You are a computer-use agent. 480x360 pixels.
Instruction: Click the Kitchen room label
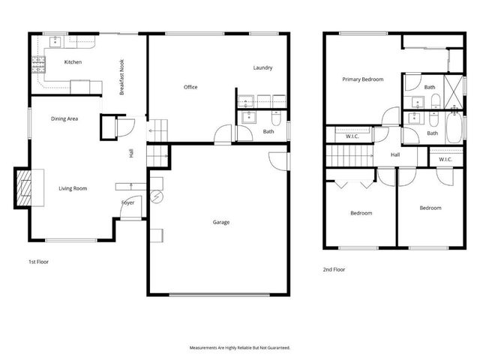pyautogui.click(x=73, y=61)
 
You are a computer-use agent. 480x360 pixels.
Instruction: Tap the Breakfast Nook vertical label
pyautogui.click(x=121, y=76)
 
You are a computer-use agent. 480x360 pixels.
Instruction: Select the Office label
pyautogui.click(x=190, y=87)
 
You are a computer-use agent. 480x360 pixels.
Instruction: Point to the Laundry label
pyautogui.click(x=262, y=67)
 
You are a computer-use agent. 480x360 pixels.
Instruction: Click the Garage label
pyautogui.click(x=221, y=222)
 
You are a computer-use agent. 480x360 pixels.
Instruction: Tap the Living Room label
pyautogui.click(x=73, y=188)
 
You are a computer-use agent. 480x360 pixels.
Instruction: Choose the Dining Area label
pyautogui.click(x=64, y=118)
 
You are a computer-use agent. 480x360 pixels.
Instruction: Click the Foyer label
pyautogui.click(x=128, y=202)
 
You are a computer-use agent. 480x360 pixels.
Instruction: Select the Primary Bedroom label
pyautogui.click(x=363, y=79)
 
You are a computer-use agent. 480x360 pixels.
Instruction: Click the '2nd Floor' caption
pyautogui.click(x=334, y=268)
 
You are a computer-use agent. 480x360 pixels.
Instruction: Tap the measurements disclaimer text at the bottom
pyautogui.click(x=239, y=348)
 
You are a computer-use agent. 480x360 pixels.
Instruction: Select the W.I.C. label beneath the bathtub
pyautogui.click(x=445, y=159)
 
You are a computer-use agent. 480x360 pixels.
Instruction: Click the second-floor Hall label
pyautogui.click(x=396, y=155)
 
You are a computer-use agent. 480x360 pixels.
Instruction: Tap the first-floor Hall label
pyautogui.click(x=131, y=152)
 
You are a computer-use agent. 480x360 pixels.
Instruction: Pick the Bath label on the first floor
pyautogui.click(x=268, y=132)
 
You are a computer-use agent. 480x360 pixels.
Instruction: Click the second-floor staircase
pyautogui.click(x=348, y=156)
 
